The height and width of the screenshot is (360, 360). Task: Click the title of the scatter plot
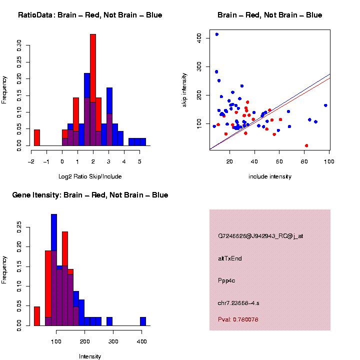[x=269, y=15]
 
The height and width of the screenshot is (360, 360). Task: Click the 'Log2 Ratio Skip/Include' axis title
[x=90, y=176]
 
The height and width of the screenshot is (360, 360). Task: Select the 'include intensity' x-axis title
[x=269, y=176]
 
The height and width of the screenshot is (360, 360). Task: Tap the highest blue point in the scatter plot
[x=216, y=34]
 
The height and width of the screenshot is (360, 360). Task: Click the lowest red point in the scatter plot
[x=306, y=145]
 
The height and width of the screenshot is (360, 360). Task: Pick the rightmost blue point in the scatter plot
[x=325, y=105]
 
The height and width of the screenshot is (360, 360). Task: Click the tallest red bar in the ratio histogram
[x=93, y=90]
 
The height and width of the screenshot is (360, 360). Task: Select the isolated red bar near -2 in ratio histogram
[x=37, y=138]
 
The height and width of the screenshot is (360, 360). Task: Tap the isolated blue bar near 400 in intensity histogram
[x=143, y=321]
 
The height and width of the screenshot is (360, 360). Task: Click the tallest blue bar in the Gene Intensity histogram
[x=54, y=270]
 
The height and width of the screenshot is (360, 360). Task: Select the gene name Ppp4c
[x=226, y=280]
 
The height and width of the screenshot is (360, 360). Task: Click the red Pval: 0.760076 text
[x=238, y=319]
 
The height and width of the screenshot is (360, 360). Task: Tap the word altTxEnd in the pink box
[x=230, y=258]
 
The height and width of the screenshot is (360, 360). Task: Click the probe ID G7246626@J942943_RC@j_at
[x=260, y=236]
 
